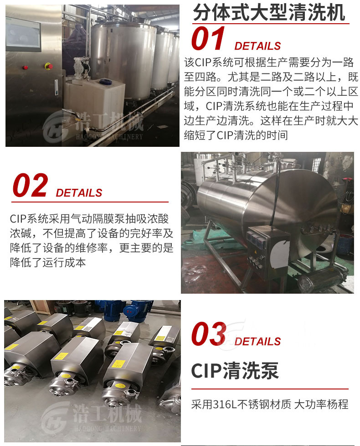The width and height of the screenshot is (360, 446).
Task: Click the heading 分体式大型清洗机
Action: point(269,13)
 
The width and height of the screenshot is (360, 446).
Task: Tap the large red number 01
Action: point(208,39)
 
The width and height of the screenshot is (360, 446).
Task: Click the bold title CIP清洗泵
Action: point(235,371)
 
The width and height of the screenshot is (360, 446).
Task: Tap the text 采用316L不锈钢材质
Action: point(241,404)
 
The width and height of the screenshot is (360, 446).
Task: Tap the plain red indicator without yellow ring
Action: point(25,67)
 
